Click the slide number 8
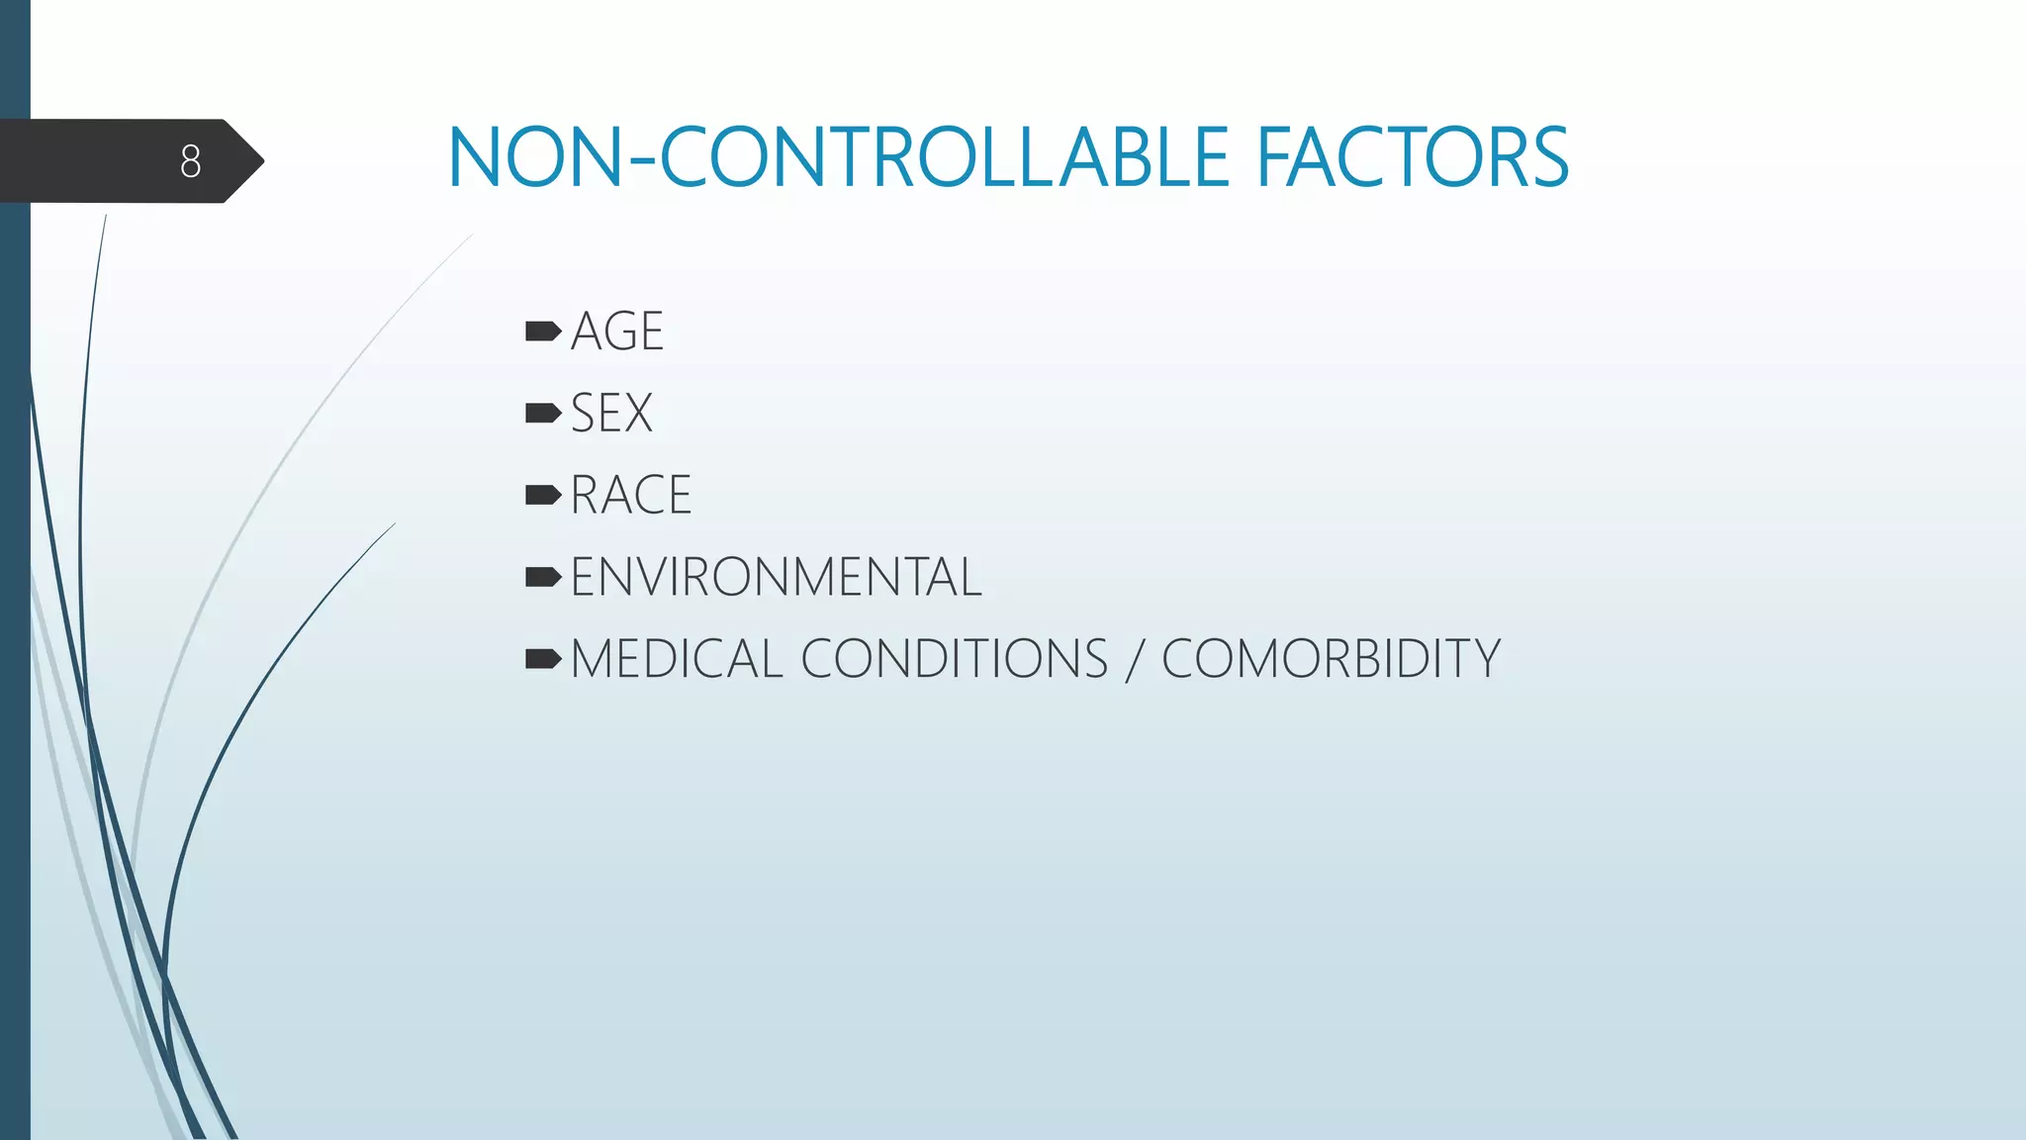tap(191, 161)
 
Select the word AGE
tap(616, 332)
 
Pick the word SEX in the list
tap(611, 414)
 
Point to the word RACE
tap(630, 496)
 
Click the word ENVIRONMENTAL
tap(776, 578)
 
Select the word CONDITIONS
tap(954, 660)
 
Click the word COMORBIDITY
tap(1331, 660)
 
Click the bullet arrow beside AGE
tap(543, 332)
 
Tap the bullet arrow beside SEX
tap(543, 414)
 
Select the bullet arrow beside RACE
tap(543, 495)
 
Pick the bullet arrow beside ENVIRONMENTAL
tap(543, 577)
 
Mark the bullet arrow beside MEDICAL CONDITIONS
tap(543, 659)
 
